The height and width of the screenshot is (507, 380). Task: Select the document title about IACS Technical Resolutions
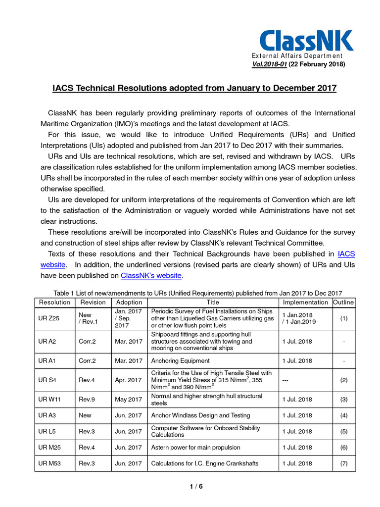tap(194, 88)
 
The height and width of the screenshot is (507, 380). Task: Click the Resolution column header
tap(54, 302)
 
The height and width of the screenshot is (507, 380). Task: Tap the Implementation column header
tap(305, 302)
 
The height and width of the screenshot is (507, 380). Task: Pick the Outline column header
tap(343, 302)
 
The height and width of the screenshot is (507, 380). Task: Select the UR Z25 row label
tap(49, 318)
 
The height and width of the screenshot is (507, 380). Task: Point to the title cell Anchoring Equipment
tap(180, 360)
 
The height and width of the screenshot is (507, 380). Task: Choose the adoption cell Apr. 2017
tap(129, 380)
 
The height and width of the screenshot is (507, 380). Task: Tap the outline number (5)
tap(343, 431)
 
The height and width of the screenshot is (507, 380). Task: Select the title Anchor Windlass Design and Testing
tap(200, 415)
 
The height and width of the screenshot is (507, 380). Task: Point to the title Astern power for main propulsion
tap(195, 447)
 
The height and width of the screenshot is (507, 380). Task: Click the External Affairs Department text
tap(297, 56)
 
